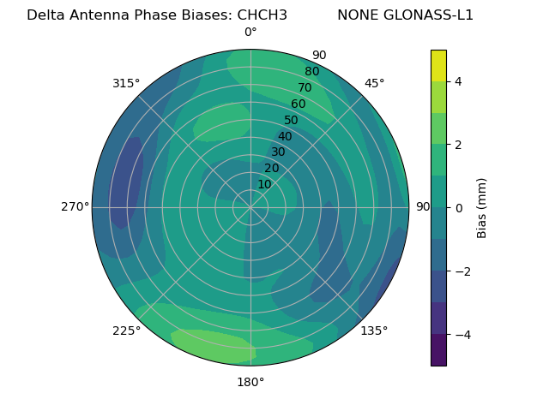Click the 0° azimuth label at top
coord(250,33)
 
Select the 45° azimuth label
coord(374,83)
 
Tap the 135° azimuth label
coord(374,331)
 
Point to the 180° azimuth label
coord(250,382)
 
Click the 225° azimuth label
coord(126,331)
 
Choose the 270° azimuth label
coord(75,206)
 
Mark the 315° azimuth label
coord(126,83)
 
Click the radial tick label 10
coord(264,184)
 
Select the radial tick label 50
coord(292,120)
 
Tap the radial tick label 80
coord(312,71)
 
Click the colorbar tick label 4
coord(459,81)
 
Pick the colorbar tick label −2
coord(459,271)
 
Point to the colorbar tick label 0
coord(459,207)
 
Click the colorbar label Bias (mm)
coord(482,207)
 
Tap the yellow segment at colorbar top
coord(438,65)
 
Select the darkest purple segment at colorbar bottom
coord(438,349)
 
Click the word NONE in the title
coord(358,15)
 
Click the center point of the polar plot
coord(250,207)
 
